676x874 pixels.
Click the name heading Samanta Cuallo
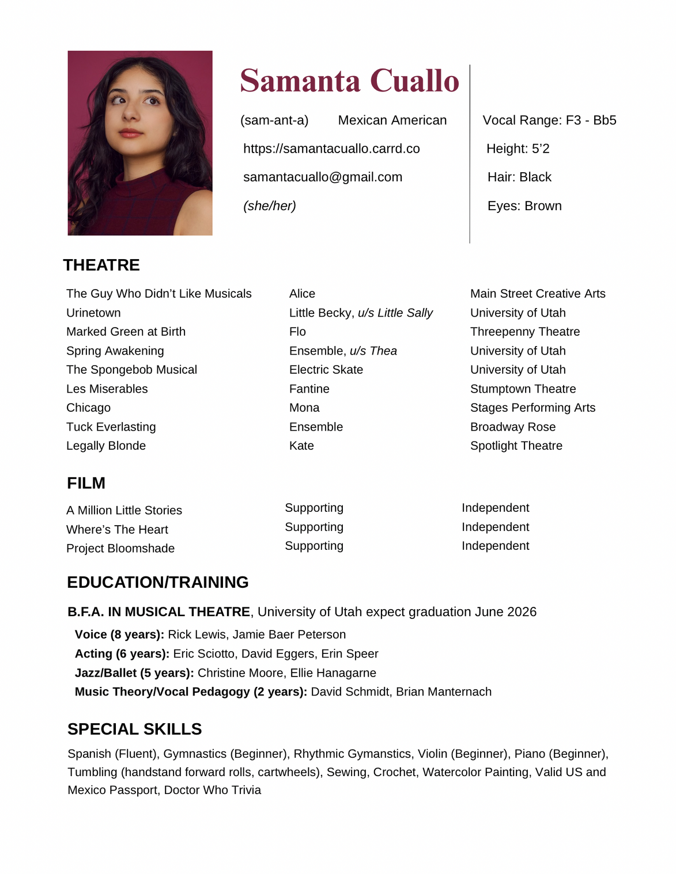[349, 81]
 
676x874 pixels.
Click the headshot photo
[140, 143]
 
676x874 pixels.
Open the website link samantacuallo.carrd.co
[331, 149]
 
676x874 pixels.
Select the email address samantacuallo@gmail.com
[323, 177]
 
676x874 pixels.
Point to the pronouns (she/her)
[270, 206]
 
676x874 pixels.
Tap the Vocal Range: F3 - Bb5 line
[549, 120]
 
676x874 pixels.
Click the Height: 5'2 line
[518, 149]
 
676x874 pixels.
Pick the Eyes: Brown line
[524, 206]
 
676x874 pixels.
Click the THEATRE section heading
[101, 265]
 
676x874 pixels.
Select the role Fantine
[309, 389]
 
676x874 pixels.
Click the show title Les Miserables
[107, 389]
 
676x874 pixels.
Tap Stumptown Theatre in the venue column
[523, 389]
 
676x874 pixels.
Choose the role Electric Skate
[326, 370]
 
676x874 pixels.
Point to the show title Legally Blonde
[106, 446]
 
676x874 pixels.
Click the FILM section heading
[86, 483]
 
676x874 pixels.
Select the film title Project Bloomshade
[120, 549]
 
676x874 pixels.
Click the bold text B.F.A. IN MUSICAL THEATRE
[158, 612]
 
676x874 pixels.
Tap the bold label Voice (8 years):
[119, 634]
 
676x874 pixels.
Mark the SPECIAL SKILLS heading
[134, 729]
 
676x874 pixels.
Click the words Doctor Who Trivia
[213, 791]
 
